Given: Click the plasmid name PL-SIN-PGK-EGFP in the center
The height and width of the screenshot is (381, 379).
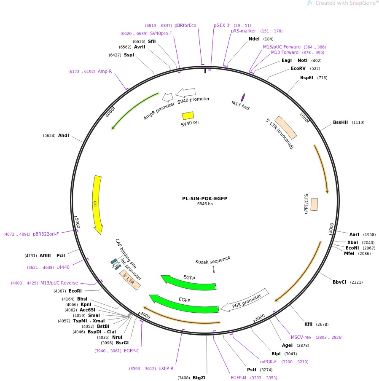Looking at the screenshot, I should point(204,199).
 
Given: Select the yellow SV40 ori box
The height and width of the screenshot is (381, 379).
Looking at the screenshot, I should point(188,115).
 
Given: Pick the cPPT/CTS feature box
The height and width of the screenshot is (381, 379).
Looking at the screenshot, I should point(314,204).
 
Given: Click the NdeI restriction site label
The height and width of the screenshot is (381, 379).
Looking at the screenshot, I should point(254,39).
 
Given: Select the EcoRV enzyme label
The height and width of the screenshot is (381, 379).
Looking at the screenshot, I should point(298,68).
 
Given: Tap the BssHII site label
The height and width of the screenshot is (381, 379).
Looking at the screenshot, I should point(340,122).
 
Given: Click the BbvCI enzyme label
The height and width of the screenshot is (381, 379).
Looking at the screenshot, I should point(339,282).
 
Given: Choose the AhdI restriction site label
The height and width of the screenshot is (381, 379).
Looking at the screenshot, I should point(63,135).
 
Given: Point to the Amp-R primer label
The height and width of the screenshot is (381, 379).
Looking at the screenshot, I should point(105,71).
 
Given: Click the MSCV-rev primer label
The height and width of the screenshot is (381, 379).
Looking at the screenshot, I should point(301,337).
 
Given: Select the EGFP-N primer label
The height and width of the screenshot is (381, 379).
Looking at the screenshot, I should point(238,378).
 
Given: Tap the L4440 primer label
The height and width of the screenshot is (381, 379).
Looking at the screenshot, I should point(63,267).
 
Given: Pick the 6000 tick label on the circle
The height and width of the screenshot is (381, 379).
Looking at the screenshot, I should point(110,113).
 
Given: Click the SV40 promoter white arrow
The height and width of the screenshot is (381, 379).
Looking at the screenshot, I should point(185,92).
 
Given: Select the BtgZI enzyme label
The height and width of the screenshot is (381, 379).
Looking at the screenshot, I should point(199,378).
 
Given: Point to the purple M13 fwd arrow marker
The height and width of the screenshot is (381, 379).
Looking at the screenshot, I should point(243,97).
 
